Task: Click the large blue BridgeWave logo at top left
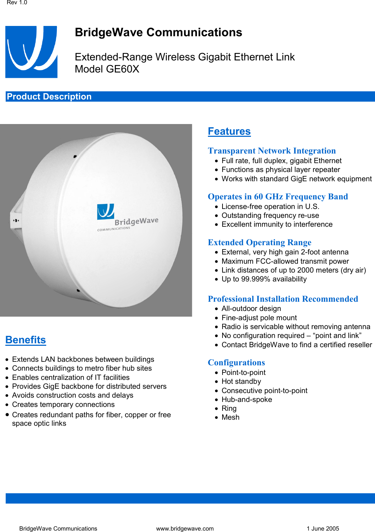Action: point(31,52)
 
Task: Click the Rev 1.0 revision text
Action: point(17,3)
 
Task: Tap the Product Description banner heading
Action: point(49,97)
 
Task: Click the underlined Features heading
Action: point(229,131)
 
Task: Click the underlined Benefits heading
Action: point(26,340)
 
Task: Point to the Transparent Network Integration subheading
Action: point(272,151)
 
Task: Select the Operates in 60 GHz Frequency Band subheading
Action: point(278,197)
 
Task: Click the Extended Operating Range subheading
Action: point(259,242)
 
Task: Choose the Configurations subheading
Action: point(236,362)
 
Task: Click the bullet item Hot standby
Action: point(241,381)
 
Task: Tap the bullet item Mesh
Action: point(230,417)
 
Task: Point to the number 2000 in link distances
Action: point(306,270)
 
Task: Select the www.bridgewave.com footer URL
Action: point(185,528)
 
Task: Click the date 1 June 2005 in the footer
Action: point(323,528)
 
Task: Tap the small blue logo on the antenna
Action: point(106,211)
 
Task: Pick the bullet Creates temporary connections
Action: point(63,404)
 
